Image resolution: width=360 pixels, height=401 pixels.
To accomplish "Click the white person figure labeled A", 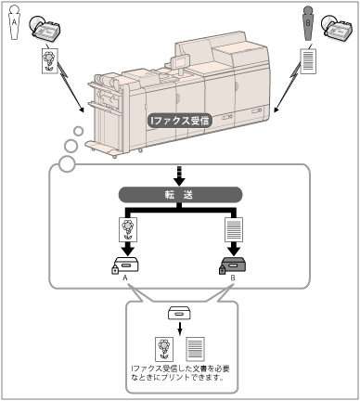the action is (x=14, y=22).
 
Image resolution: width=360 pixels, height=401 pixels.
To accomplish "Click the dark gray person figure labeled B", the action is (x=308, y=23).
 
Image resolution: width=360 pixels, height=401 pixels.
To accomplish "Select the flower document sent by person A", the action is (x=50, y=60).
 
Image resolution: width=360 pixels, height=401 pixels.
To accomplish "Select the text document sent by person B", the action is (x=308, y=61).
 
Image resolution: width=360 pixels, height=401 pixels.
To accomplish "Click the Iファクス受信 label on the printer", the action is (x=179, y=121).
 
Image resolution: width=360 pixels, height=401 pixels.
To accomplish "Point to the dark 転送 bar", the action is (x=181, y=195).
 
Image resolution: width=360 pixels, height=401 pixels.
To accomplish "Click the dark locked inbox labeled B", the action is (x=233, y=265).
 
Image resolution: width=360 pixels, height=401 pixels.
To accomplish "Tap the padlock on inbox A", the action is (x=115, y=270).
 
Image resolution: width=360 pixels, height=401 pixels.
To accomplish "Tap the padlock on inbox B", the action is (x=223, y=270).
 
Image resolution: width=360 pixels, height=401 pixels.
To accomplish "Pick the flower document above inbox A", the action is (x=128, y=229).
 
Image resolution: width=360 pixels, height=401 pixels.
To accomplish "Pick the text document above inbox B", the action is (x=234, y=229).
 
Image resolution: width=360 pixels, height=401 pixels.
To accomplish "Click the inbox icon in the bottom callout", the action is (x=179, y=313).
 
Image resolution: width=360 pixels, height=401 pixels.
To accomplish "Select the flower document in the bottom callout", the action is (x=164, y=349).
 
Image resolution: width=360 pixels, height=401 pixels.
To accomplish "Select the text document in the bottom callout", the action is (x=195, y=349).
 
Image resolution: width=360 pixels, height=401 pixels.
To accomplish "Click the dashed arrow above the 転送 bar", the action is (x=180, y=175).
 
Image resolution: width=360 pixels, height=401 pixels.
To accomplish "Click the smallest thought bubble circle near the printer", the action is (x=79, y=131).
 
